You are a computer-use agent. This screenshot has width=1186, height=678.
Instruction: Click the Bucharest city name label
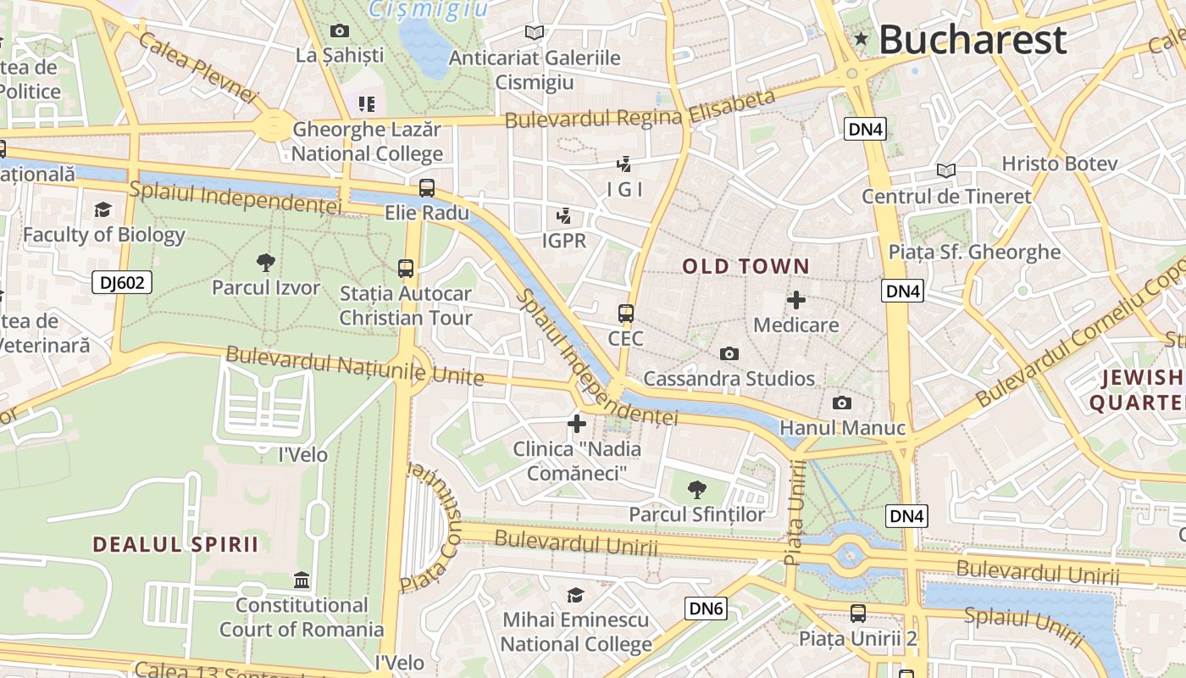click(x=972, y=39)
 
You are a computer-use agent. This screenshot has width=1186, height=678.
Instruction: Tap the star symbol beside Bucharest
click(x=862, y=38)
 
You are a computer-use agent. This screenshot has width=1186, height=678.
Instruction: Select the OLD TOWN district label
click(x=746, y=266)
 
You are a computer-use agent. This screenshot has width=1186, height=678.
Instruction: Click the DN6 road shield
click(x=706, y=608)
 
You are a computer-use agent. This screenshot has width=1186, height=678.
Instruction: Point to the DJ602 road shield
click(x=122, y=282)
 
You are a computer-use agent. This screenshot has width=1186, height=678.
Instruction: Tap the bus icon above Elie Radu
click(x=427, y=188)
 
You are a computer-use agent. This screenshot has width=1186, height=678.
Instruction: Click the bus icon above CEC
click(x=626, y=314)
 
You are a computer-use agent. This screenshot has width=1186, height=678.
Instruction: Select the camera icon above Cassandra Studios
click(x=729, y=353)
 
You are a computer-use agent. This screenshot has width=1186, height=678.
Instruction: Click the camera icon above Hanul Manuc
click(x=841, y=403)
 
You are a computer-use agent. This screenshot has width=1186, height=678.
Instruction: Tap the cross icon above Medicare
click(x=796, y=300)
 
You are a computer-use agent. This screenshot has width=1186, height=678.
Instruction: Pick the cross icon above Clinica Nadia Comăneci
click(x=577, y=423)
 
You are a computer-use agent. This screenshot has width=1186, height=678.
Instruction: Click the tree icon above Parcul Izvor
click(x=266, y=263)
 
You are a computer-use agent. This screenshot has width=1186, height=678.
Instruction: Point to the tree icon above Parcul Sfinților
click(x=696, y=489)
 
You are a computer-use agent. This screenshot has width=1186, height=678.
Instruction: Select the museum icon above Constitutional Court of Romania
click(x=302, y=581)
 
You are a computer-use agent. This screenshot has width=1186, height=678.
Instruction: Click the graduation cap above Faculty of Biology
click(x=103, y=209)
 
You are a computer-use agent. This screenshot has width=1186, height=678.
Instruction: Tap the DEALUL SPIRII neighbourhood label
click(x=175, y=544)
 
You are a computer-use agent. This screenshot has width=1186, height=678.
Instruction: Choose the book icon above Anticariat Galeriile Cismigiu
click(x=534, y=32)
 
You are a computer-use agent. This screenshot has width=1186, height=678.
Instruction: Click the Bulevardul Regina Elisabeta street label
click(x=640, y=109)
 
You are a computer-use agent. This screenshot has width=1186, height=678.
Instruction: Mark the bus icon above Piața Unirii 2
click(x=858, y=613)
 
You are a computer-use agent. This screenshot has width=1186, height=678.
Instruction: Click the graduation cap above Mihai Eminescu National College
click(x=576, y=595)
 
